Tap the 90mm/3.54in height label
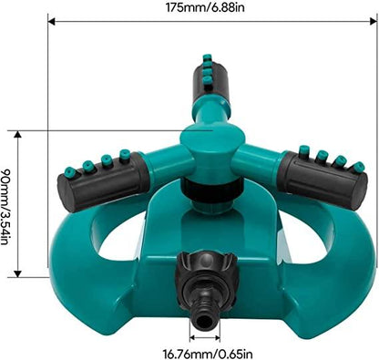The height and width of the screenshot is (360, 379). coord(9,201)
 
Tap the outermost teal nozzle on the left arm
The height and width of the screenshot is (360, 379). coord(69,171)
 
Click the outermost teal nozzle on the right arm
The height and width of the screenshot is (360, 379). coord(358,167)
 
